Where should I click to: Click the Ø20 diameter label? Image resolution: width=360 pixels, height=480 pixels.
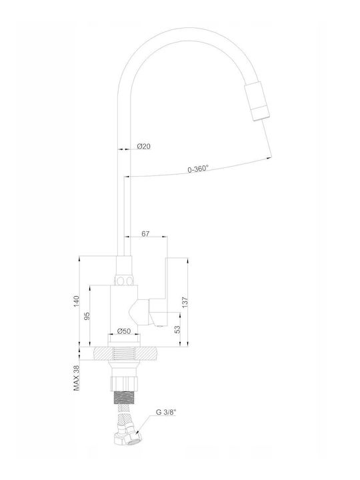coord(144,146)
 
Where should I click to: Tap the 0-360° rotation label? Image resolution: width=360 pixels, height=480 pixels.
coord(198,169)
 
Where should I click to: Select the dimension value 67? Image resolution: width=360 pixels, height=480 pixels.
coord(145,234)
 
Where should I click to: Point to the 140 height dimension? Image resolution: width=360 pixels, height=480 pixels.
coord(77,301)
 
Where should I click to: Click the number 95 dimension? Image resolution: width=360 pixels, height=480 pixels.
coord(87,315)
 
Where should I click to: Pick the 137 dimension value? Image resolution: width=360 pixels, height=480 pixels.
coord(185,302)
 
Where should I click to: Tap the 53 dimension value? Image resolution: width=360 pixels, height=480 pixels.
coord(177,329)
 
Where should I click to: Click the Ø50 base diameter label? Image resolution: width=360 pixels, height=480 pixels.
coord(124,331)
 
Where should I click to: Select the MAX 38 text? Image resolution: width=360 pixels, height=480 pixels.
coord(76,378)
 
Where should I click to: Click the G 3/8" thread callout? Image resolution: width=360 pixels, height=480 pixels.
coord(166,412)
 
